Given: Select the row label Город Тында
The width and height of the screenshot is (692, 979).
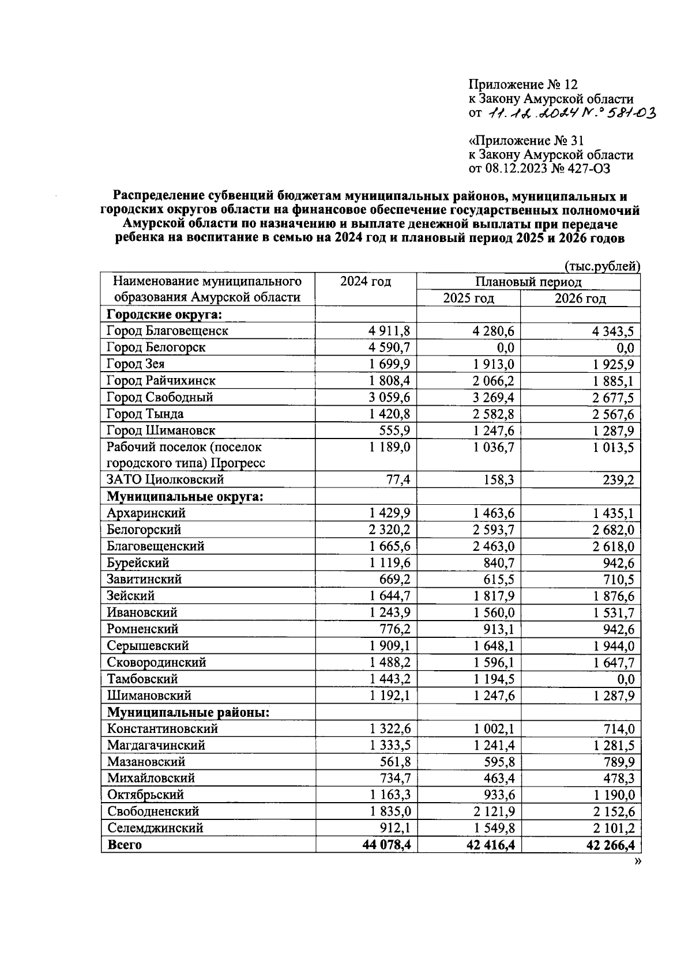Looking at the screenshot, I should tap(145, 414).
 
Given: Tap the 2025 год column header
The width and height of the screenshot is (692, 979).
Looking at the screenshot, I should tap(468, 298).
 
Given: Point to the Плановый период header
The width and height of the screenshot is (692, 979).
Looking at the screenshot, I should tap(528, 282).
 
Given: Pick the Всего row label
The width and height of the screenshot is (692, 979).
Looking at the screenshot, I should tap(124, 845).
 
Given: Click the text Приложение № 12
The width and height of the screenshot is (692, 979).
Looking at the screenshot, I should tap(522, 85).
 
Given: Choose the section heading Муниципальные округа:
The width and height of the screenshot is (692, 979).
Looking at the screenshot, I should tap(185, 497).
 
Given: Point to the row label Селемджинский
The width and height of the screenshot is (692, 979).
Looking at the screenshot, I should tap(155, 828).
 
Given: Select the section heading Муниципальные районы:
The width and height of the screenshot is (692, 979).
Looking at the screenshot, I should tap(189, 712).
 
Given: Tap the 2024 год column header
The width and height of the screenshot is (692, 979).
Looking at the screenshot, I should tap(366, 282).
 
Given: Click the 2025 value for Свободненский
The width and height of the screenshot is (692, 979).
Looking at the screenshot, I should tap(494, 812).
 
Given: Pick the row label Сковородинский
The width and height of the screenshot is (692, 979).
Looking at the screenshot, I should tap(156, 663).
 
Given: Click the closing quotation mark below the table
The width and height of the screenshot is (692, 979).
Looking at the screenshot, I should tap(637, 861).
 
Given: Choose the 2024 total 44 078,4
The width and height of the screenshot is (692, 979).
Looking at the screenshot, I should tap(385, 845).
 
